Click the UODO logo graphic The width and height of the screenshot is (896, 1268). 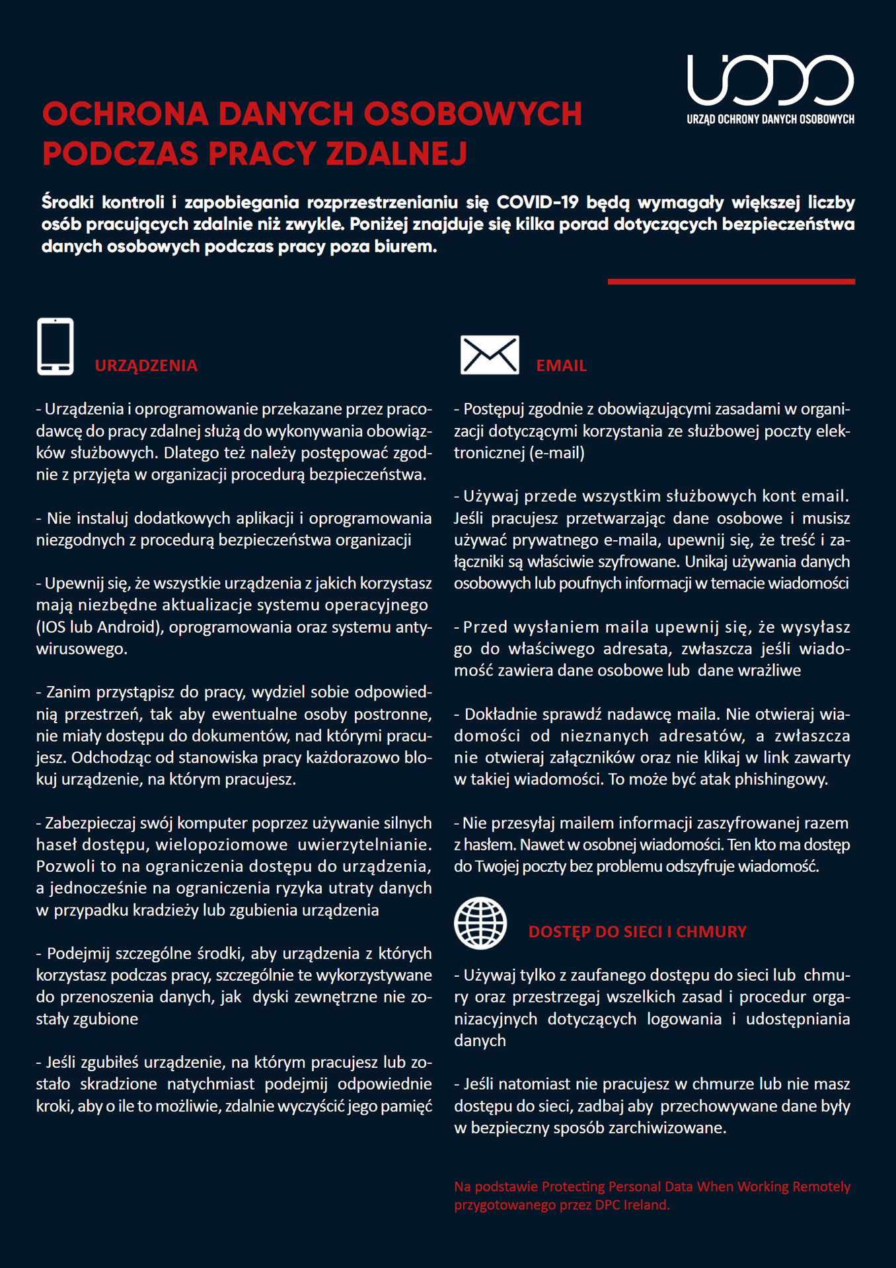pyautogui.click(x=770, y=80)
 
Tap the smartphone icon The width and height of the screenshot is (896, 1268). pyautogui.click(x=56, y=347)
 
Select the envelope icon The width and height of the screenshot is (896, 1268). pyautogui.click(x=490, y=355)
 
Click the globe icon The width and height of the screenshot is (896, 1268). pyautogui.click(x=480, y=923)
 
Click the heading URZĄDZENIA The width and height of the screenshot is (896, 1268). pyautogui.click(x=146, y=365)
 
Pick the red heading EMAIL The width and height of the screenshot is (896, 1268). pyautogui.click(x=561, y=365)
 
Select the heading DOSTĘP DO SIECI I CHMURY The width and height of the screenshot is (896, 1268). pyautogui.click(x=637, y=931)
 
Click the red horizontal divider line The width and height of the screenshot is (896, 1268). pyautogui.click(x=731, y=281)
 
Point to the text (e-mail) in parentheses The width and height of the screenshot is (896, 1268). pyautogui.click(x=556, y=453)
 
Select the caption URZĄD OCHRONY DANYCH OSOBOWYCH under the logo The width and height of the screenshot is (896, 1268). pyautogui.click(x=770, y=120)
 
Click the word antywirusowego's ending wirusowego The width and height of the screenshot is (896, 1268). pyautogui.click(x=81, y=649)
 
